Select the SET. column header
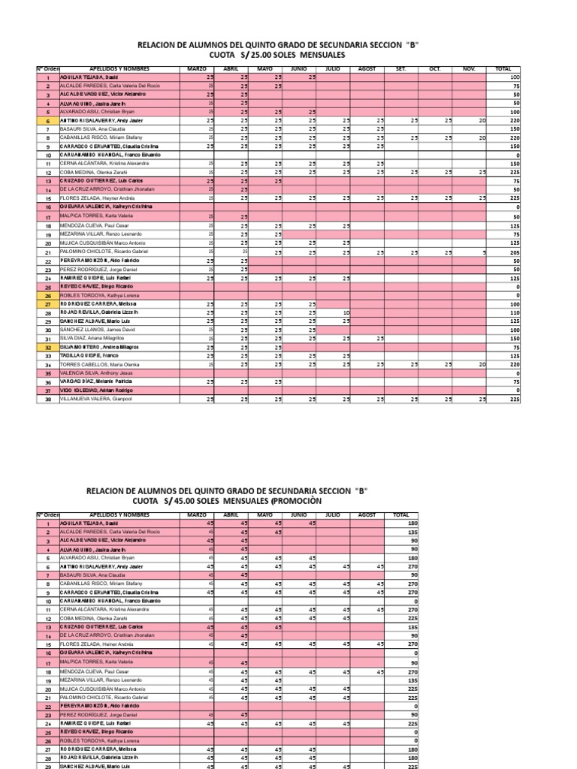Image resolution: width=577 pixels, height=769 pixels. coord(400,69)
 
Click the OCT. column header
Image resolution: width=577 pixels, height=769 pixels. coord(435,69)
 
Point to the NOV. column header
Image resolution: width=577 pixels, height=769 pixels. coord(470,69)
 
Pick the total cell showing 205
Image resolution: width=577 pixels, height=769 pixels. coord(514,253)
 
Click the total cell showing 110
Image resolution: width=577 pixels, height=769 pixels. coord(514,312)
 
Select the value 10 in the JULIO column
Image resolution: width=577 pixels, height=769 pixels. coord(346,312)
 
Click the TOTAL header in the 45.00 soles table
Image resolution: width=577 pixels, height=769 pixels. coord(400,515)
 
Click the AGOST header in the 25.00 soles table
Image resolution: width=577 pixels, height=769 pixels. coord(367,69)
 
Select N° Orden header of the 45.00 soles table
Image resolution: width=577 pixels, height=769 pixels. coord(47,515)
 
